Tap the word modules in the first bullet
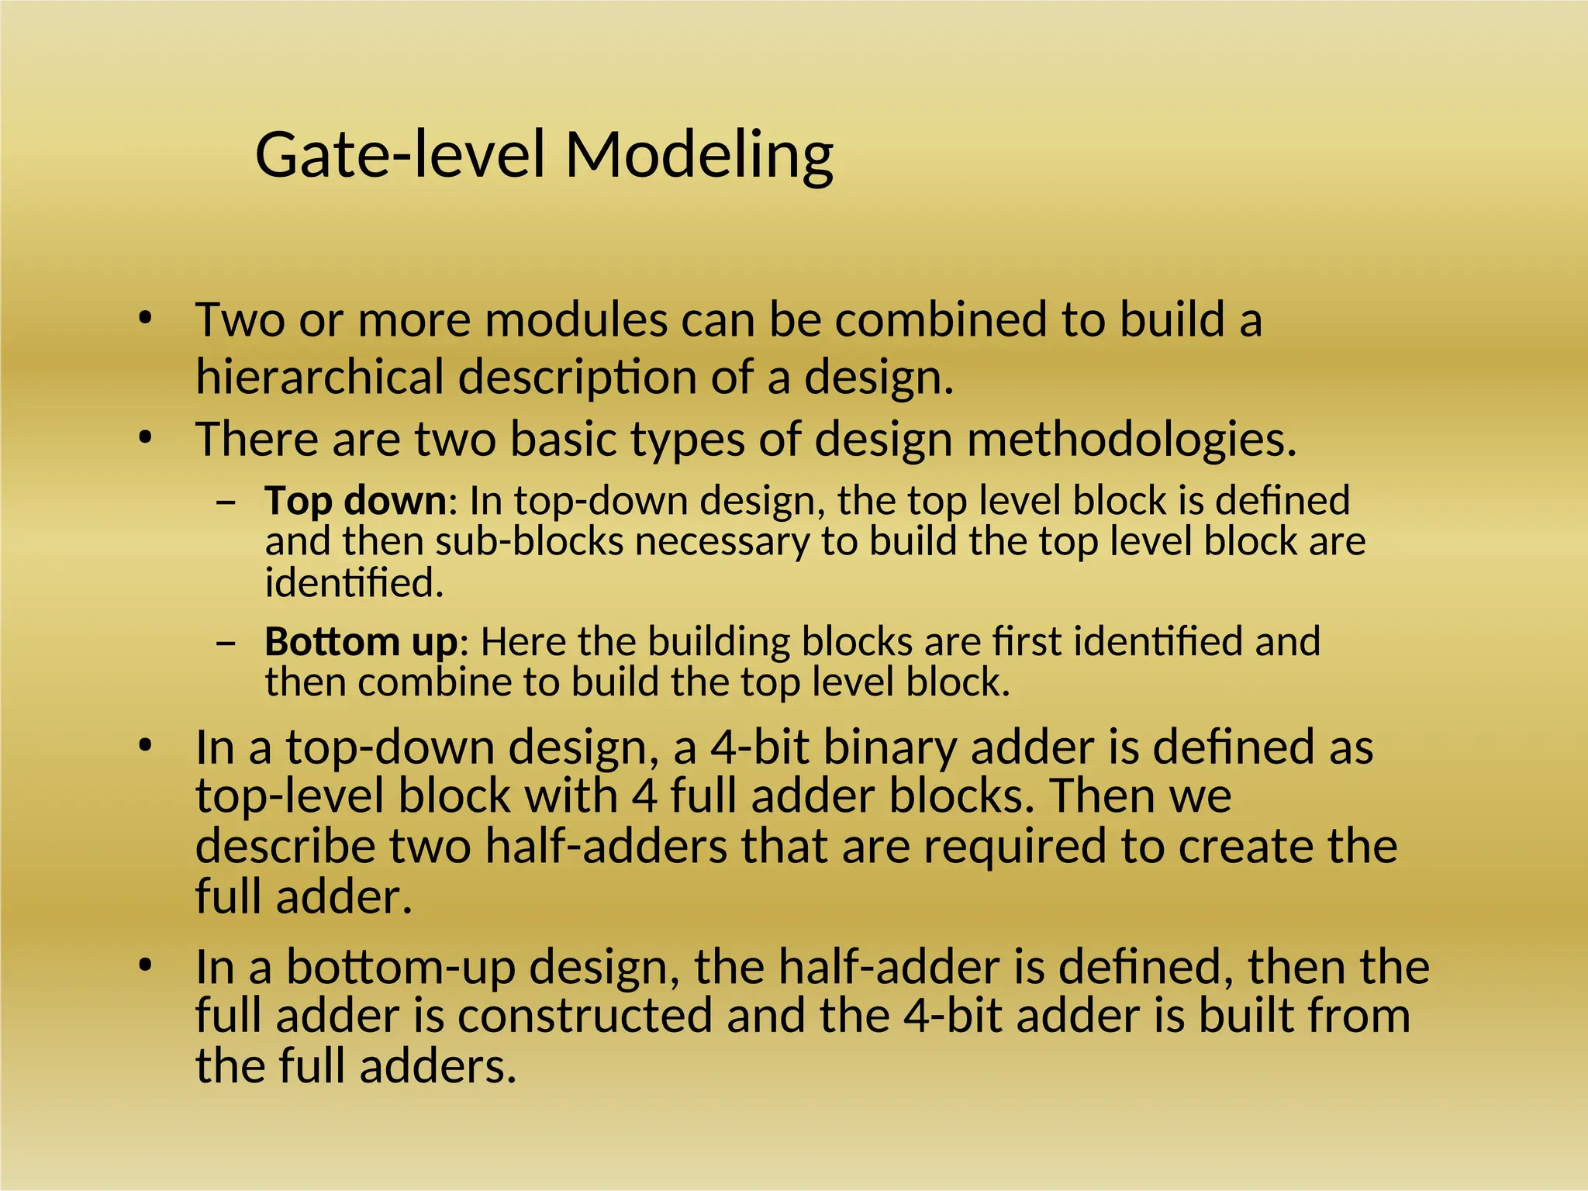click(576, 319)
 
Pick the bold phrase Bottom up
click(361, 642)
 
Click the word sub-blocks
click(530, 541)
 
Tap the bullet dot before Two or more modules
click(144, 318)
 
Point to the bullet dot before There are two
click(144, 439)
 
